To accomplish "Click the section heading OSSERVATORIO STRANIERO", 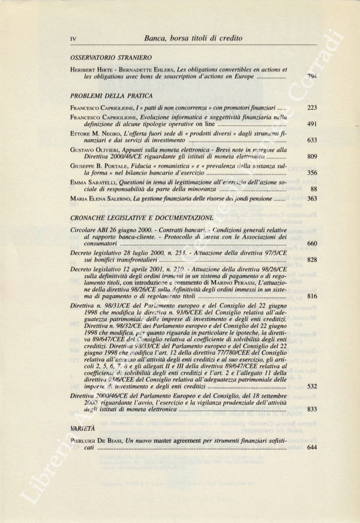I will tap(107, 58).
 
